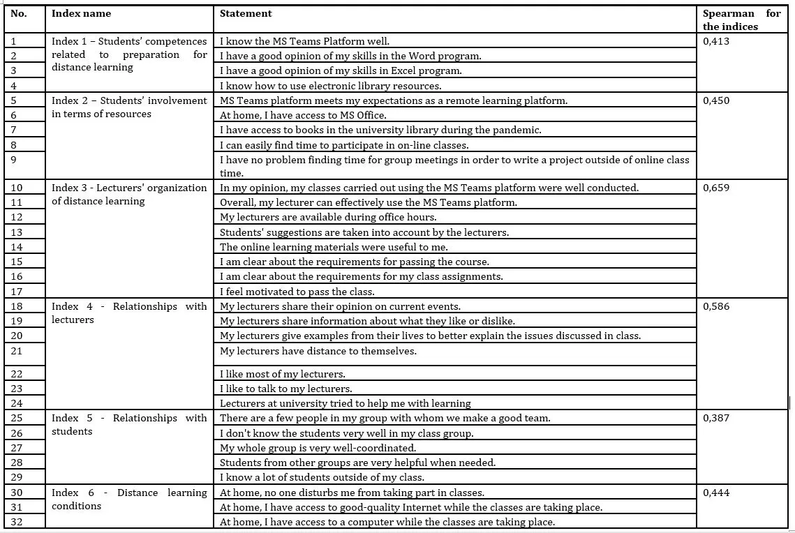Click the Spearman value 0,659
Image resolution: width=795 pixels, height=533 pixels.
tap(716, 188)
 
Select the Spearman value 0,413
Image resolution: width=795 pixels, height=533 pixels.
tap(716, 41)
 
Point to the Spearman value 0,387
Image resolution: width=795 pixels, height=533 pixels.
tap(716, 418)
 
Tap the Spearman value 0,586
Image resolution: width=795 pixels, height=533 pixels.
tap(716, 306)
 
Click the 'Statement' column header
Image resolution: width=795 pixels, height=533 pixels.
tap(246, 13)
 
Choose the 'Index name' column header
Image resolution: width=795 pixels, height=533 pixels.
tap(81, 13)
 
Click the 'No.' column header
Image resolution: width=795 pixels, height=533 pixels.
tap(19, 13)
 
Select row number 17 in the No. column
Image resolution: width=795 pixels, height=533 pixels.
tap(17, 291)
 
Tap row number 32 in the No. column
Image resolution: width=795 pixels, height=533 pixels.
tap(17, 522)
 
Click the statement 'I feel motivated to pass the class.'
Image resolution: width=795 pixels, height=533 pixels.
tap(297, 292)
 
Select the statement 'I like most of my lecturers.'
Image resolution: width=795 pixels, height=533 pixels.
tap(283, 374)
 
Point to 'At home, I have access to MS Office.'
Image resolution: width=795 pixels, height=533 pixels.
tap(303, 115)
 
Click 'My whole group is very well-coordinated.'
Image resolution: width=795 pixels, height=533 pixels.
tap(318, 448)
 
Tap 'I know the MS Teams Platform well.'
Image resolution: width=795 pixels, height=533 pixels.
tap(304, 41)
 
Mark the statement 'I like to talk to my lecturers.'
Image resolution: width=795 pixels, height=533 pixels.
tap(286, 389)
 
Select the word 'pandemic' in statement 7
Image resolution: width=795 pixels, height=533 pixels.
tap(519, 130)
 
